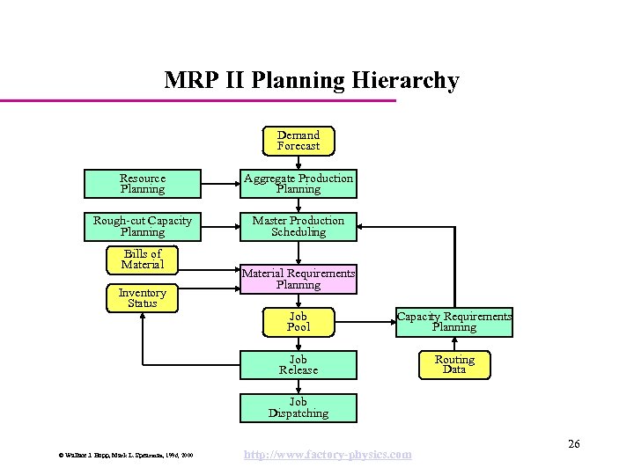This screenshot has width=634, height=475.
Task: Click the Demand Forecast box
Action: (x=299, y=141)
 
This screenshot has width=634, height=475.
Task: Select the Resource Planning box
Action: (x=143, y=184)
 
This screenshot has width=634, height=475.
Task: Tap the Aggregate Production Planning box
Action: (x=299, y=184)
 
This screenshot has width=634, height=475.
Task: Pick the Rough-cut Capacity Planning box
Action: (x=143, y=227)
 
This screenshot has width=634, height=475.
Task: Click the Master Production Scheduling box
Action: (x=299, y=227)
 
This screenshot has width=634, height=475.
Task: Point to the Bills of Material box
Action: (x=143, y=259)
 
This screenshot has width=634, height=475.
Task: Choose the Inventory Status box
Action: (x=143, y=298)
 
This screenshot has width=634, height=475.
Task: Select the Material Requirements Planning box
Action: (x=299, y=279)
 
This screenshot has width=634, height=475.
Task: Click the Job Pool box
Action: (x=299, y=322)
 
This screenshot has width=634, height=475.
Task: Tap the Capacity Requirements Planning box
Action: (x=454, y=322)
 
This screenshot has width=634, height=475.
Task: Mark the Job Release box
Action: (x=299, y=365)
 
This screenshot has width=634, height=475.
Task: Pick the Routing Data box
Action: (x=454, y=365)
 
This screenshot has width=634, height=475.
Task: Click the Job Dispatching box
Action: (x=299, y=408)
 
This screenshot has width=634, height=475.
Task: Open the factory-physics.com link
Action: (x=327, y=454)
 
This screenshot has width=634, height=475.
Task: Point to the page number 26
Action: (x=574, y=443)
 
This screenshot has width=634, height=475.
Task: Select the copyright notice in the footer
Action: (x=126, y=455)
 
